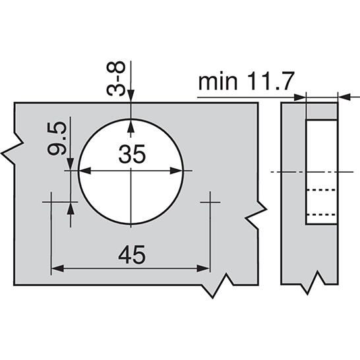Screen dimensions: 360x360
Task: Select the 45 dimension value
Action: click(131, 253)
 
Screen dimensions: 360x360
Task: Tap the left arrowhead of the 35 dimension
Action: click(84, 170)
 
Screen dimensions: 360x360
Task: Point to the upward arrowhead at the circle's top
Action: click(132, 123)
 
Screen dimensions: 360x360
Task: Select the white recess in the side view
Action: click(321, 171)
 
